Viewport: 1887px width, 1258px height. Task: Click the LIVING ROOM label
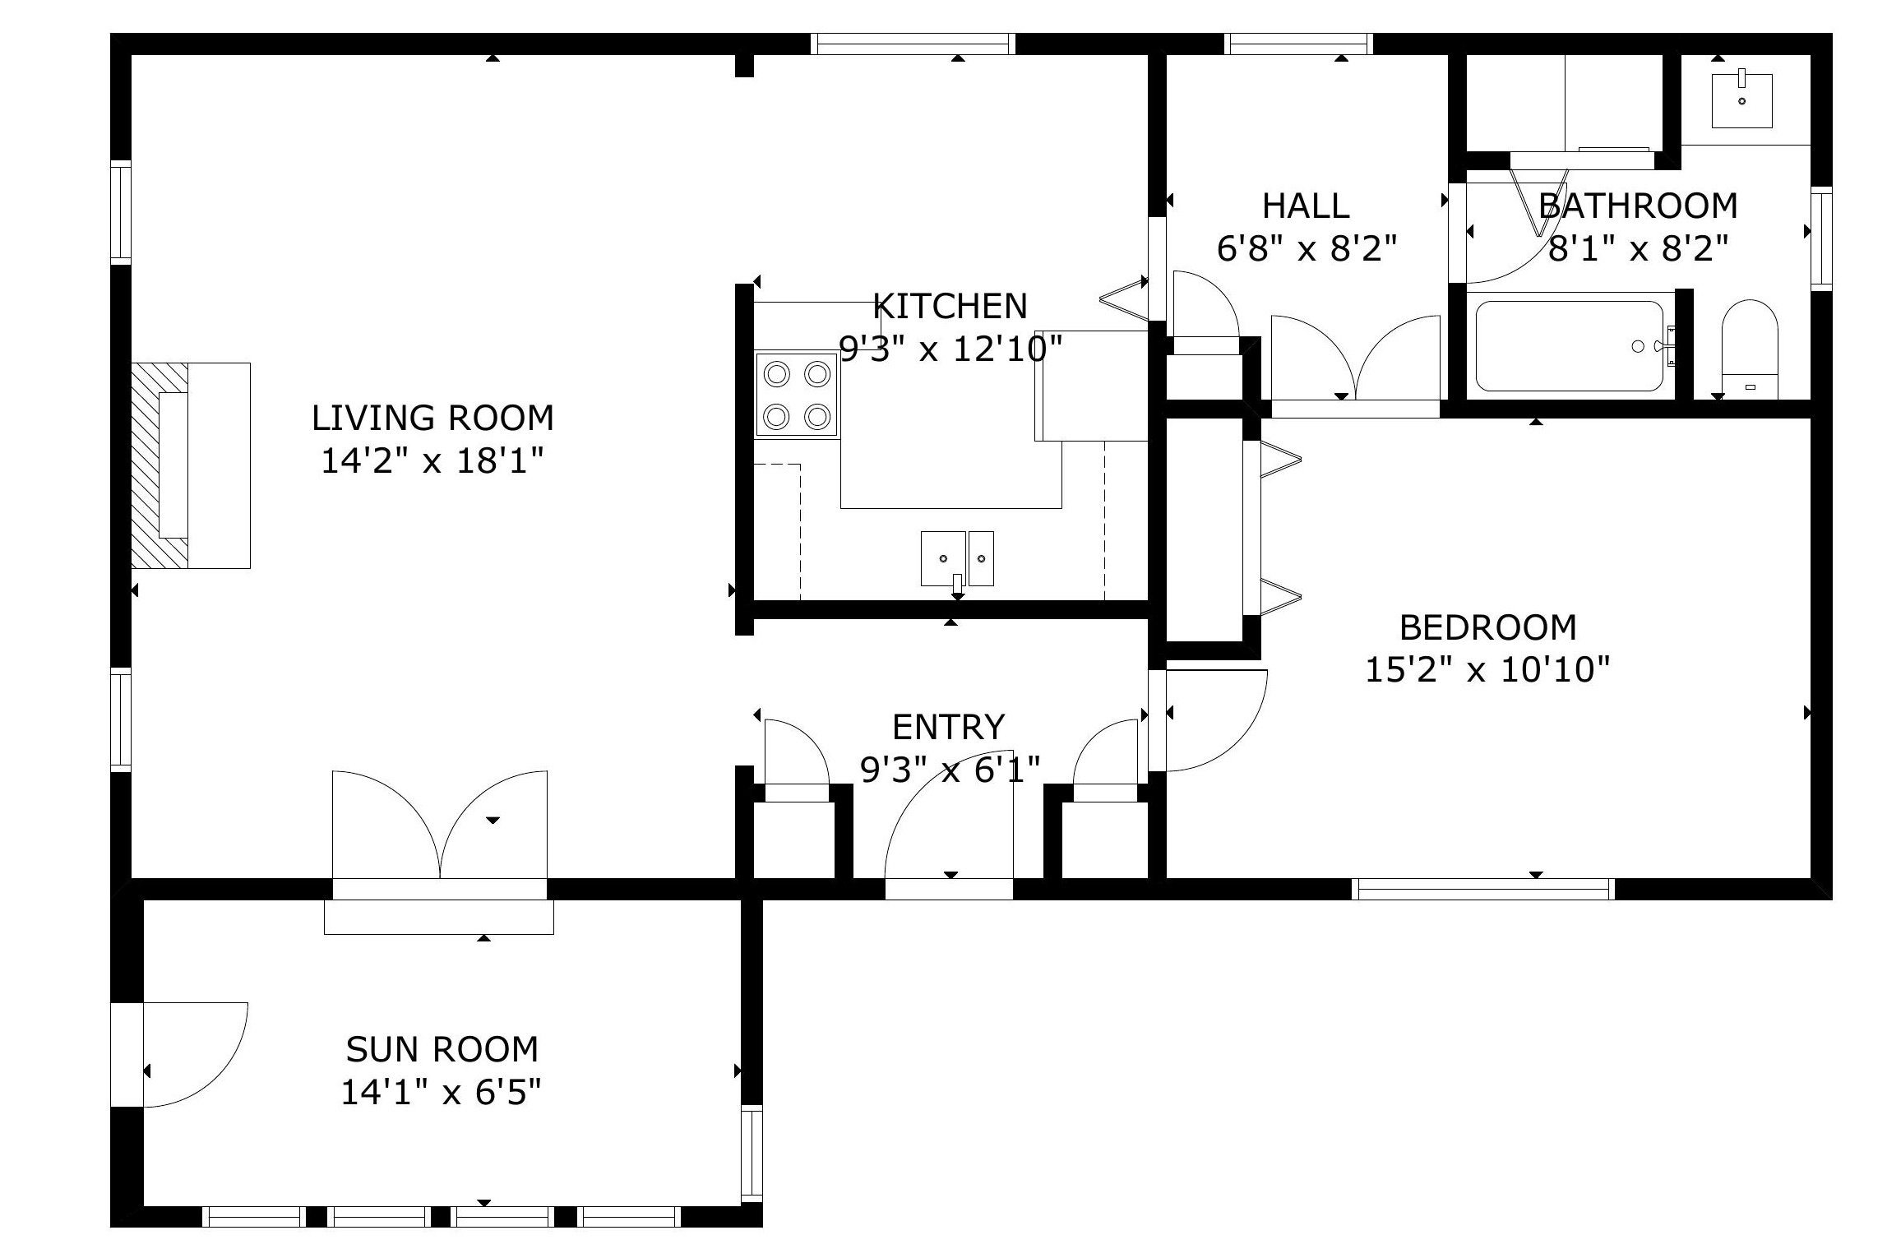tap(432, 418)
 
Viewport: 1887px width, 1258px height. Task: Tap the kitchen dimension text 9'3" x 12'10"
tap(950, 349)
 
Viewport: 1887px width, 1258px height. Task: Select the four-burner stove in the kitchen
tap(797, 395)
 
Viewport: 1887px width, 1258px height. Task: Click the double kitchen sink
tap(957, 558)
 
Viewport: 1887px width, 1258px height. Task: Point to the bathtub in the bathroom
tap(1570, 345)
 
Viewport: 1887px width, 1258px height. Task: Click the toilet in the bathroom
tap(1750, 349)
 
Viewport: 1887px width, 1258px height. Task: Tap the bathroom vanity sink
tap(1741, 100)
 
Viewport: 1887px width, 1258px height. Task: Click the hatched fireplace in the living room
tap(160, 465)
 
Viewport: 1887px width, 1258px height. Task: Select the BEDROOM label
tap(1487, 627)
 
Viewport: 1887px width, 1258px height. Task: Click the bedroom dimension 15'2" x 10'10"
tap(1487, 670)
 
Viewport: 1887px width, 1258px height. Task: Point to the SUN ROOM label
tap(442, 1049)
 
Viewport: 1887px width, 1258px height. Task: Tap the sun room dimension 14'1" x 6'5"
tap(442, 1093)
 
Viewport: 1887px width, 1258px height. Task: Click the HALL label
tap(1306, 206)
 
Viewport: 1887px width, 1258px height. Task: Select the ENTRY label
tap(949, 727)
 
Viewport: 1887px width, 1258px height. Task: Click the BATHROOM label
tap(1638, 206)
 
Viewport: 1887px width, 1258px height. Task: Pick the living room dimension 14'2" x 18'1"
tap(432, 460)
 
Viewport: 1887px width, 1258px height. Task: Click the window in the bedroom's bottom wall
tap(1482, 889)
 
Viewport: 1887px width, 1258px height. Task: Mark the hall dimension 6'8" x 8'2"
tap(1307, 248)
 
